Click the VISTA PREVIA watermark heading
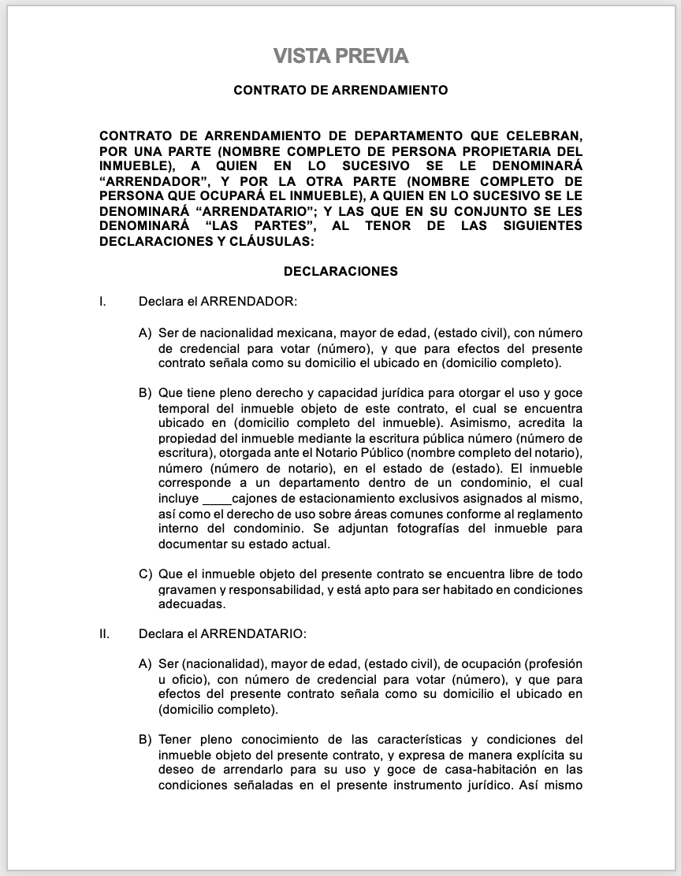click(x=340, y=56)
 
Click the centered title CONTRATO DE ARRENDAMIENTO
click(x=340, y=91)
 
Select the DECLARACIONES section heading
click(x=340, y=272)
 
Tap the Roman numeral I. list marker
click(x=102, y=302)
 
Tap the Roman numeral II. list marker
click(x=104, y=633)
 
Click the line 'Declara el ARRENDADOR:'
click(x=218, y=302)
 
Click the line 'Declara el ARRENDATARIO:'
click(x=222, y=633)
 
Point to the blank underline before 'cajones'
click(x=217, y=499)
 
